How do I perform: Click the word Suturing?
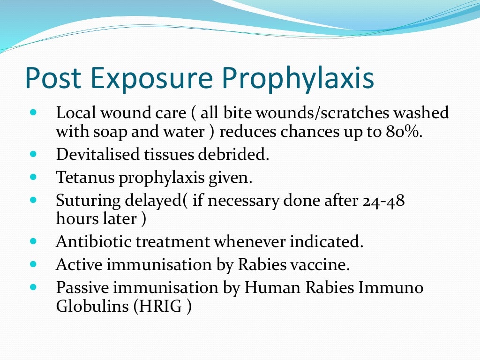point(88,201)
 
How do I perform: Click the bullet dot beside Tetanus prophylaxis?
point(33,177)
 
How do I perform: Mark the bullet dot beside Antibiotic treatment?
point(33,241)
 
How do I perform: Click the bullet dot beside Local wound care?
point(33,113)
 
